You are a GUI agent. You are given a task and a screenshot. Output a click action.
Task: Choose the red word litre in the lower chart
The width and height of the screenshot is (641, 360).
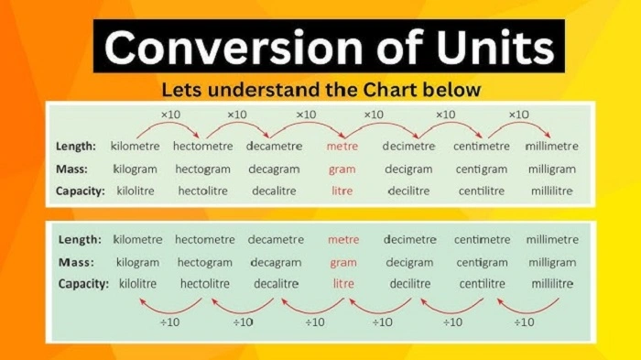coord(343,284)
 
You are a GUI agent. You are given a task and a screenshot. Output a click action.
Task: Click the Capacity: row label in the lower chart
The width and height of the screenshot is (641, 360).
coord(82,284)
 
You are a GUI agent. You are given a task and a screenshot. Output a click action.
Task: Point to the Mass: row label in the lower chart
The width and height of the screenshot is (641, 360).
coord(77,262)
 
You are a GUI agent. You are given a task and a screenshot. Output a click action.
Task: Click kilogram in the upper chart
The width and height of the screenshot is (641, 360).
coord(135,169)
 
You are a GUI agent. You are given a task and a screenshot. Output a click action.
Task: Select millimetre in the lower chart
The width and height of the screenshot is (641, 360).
coord(551,240)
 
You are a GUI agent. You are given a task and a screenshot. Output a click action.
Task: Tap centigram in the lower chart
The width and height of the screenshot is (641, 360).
coord(482,262)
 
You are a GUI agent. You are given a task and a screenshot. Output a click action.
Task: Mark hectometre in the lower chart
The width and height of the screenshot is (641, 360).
coord(205,240)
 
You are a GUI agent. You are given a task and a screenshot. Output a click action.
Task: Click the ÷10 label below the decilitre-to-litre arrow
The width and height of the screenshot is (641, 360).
coord(383,322)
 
